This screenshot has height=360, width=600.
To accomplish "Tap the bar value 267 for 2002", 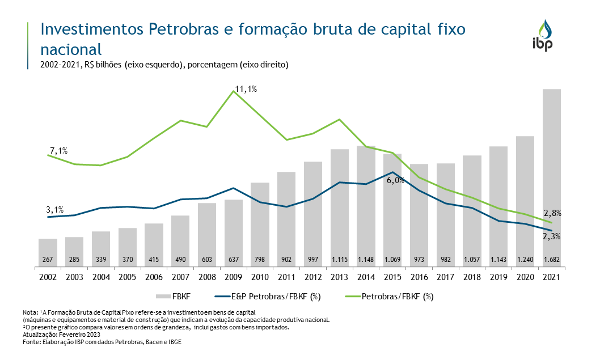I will tap(48, 260).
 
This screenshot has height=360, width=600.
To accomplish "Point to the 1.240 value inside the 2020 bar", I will tap(525, 260).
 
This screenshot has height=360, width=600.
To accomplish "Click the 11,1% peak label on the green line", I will tap(246, 88).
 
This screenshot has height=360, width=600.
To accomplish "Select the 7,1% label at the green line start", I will tap(58, 151).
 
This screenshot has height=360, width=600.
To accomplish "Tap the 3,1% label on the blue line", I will tap(54, 210).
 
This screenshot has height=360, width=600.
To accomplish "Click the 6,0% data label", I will tap(395, 180).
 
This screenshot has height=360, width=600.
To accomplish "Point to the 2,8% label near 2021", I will tap(552, 213).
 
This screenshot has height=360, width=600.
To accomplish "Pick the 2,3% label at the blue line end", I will tap(551, 236).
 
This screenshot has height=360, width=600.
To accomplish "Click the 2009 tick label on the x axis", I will tap(233, 277).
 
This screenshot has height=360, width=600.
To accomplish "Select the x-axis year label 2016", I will tap(419, 277).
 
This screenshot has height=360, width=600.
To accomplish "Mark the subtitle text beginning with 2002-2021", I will tap(164, 65).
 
